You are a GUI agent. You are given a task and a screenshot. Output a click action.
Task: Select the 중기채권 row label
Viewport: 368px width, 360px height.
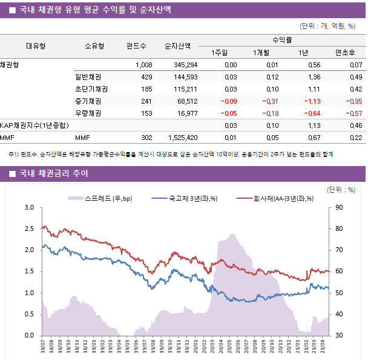click(88, 101)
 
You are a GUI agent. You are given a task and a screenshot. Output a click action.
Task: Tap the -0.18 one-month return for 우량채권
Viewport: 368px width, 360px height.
click(268, 113)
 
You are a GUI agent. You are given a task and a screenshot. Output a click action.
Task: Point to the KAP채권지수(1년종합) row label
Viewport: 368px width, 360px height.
click(34, 125)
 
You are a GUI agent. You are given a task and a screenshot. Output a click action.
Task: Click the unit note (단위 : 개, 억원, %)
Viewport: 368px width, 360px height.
click(327, 26)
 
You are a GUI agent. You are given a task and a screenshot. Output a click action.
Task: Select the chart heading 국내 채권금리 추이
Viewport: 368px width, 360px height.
click(54, 174)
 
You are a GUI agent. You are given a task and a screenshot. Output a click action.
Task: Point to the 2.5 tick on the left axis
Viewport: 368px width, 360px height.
click(28, 228)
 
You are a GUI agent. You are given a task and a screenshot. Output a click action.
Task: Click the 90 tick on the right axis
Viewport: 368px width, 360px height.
click(338, 207)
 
